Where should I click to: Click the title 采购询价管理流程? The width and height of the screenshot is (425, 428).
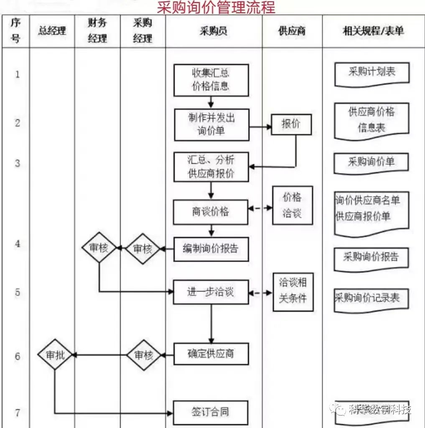click(216, 8)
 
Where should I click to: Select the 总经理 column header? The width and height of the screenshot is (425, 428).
click(52, 31)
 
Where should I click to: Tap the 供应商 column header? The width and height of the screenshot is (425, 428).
click(292, 31)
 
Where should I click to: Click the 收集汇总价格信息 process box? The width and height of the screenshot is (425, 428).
click(211, 80)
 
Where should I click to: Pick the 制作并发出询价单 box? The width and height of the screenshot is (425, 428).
click(211, 125)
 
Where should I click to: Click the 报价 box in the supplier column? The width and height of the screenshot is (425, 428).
click(291, 124)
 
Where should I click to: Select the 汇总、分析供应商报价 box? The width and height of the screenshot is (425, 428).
click(211, 167)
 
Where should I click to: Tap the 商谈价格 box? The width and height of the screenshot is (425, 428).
click(211, 211)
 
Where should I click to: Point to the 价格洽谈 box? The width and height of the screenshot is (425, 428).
click(292, 205)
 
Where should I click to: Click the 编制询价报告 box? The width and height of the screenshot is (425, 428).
click(211, 249)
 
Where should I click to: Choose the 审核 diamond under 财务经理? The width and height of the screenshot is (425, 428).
click(99, 248)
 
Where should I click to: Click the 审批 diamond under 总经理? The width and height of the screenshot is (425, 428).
click(55, 355)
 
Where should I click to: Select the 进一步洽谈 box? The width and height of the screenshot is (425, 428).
click(211, 292)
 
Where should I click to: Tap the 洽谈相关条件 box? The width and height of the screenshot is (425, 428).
click(293, 291)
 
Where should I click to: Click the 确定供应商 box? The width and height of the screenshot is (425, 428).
click(211, 354)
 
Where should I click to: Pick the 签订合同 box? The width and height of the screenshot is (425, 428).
click(211, 412)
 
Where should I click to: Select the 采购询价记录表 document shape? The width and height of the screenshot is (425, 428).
click(371, 299)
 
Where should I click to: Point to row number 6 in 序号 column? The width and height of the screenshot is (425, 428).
click(18, 357)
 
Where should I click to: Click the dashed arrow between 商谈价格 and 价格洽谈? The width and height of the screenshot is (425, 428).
click(260, 208)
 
